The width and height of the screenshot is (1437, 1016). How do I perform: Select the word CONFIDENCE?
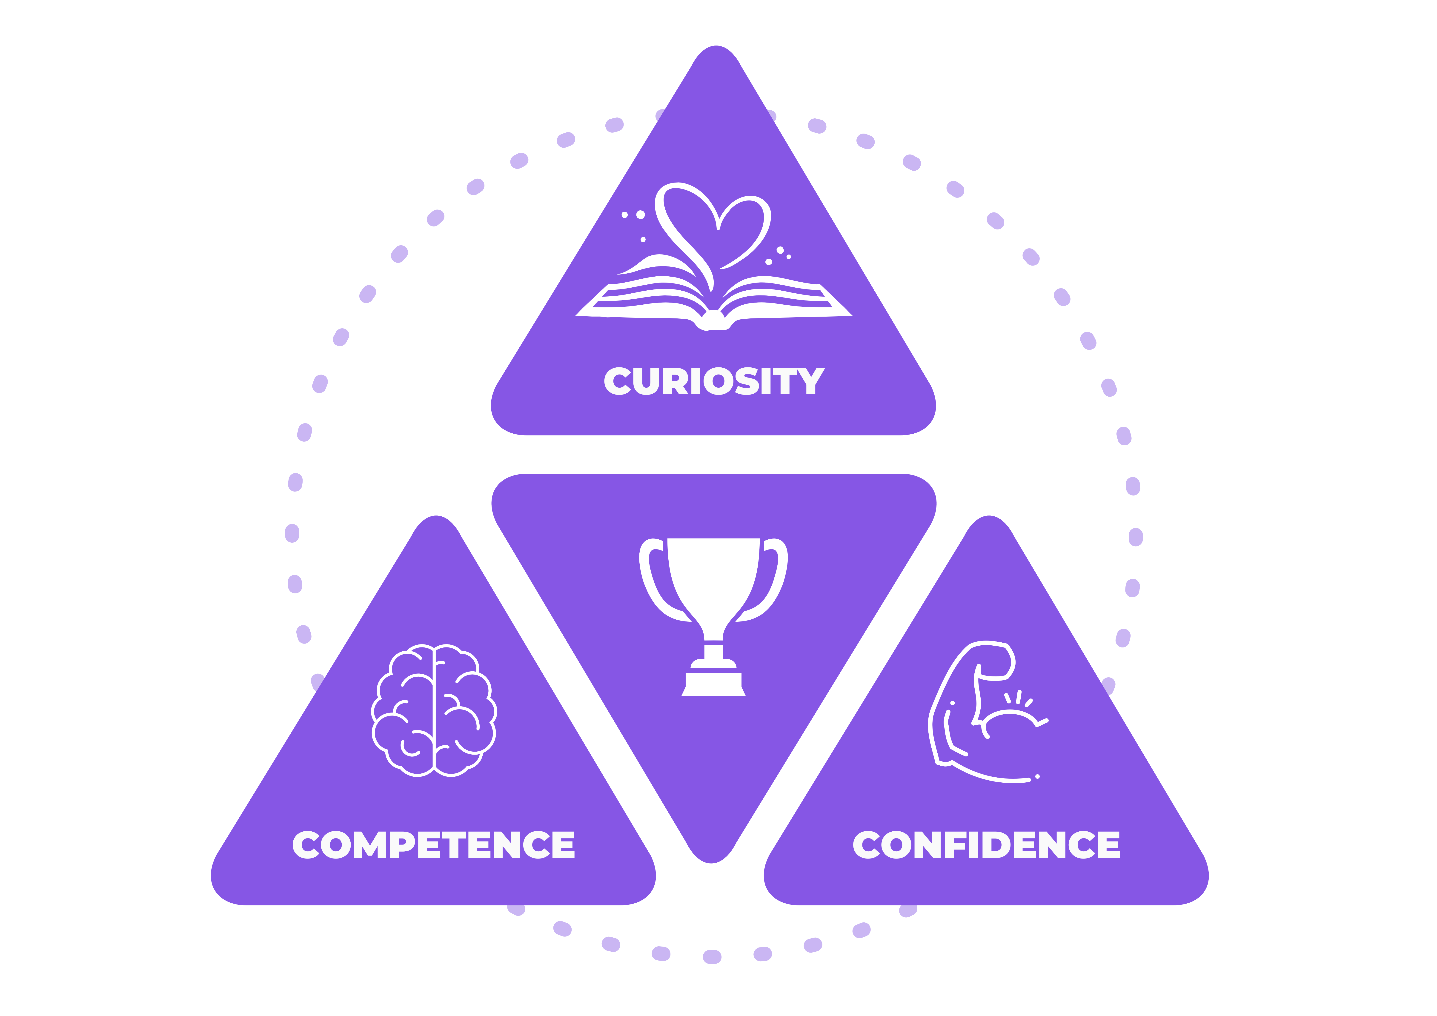tap(986, 844)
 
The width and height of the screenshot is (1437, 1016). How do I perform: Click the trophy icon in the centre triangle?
tap(713, 617)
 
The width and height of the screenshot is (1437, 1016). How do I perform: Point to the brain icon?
tap(434, 710)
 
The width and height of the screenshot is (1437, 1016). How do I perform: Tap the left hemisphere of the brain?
tap(402, 710)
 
